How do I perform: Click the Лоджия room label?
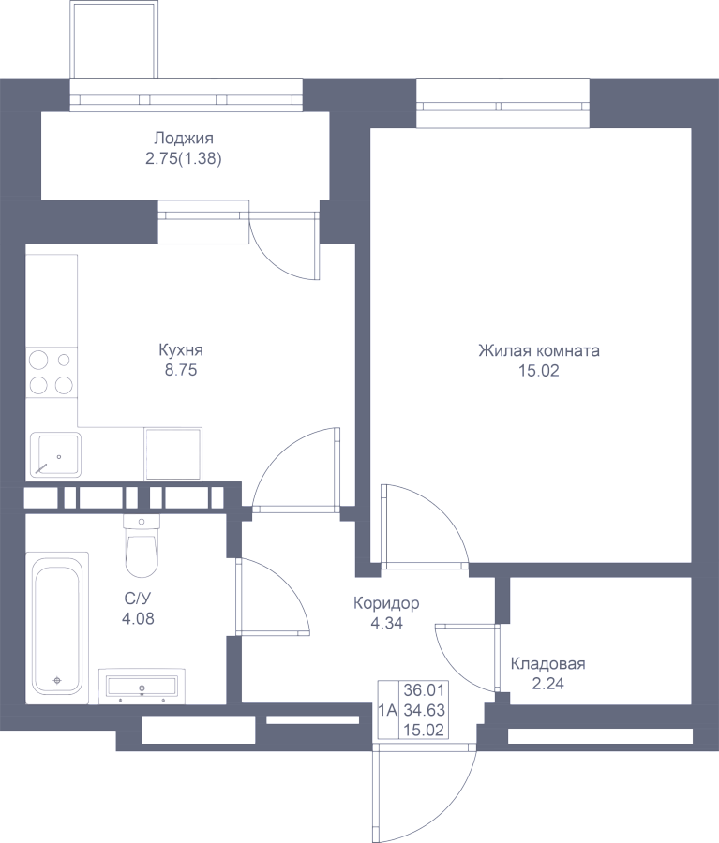coord(184,139)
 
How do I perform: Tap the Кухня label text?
coord(181,350)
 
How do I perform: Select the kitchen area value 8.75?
coord(181,370)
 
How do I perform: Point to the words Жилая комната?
coord(539,350)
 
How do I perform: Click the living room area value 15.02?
coord(539,371)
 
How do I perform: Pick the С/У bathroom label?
coord(138,599)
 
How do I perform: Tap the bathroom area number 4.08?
coord(138,619)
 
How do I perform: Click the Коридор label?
coord(386,604)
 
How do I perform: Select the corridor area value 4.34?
coord(386,624)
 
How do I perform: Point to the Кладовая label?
coord(547,664)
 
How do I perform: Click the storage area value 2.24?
coord(547,684)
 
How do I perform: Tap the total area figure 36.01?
coord(425,689)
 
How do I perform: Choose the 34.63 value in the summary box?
coord(425,710)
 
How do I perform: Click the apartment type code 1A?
coord(387,710)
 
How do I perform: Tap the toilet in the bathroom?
coord(142,546)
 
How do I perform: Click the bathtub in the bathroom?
coord(56,627)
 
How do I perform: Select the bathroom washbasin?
coord(142,686)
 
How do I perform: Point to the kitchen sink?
coord(55,455)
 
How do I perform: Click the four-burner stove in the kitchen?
coord(52,372)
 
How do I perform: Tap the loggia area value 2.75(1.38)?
coord(184,159)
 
